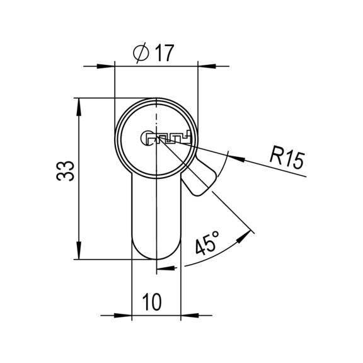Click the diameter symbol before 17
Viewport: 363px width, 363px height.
[x=142, y=54]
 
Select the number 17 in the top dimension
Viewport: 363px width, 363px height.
[x=163, y=54]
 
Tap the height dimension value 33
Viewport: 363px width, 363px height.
[x=66, y=171]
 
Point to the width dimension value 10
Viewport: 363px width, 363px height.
[x=151, y=303]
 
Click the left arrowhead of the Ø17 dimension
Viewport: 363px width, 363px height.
[x=108, y=64]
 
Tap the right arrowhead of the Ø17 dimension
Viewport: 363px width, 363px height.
[x=205, y=64]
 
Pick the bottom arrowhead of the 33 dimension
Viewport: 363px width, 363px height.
[x=79, y=251]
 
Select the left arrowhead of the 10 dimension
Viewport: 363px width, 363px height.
[x=125, y=314]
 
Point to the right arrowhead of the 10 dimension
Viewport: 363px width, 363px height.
[x=188, y=314]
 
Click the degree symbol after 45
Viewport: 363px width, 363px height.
[x=216, y=235]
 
